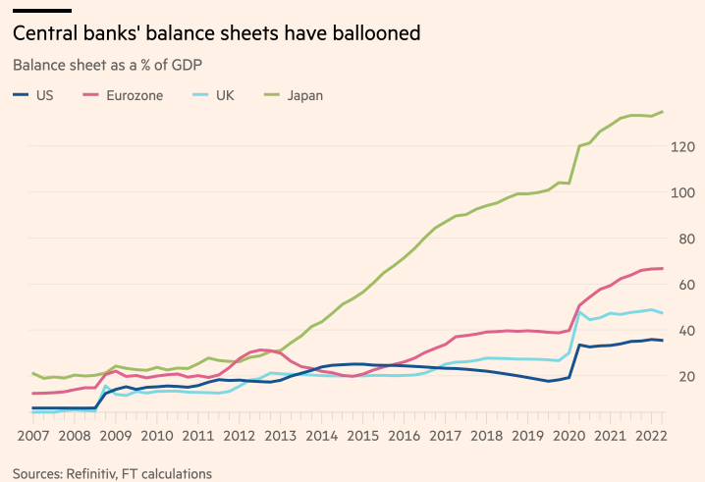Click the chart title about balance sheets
click(216, 33)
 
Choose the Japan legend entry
click(304, 95)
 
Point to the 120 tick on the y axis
click(683, 146)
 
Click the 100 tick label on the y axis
click(683, 192)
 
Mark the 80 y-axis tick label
click(683, 239)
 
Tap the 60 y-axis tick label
click(683, 285)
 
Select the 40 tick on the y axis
click(683, 331)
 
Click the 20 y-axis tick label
click(683, 376)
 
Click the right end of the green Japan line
click(663, 112)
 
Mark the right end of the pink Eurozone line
click(663, 269)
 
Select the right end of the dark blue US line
click(663, 341)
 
